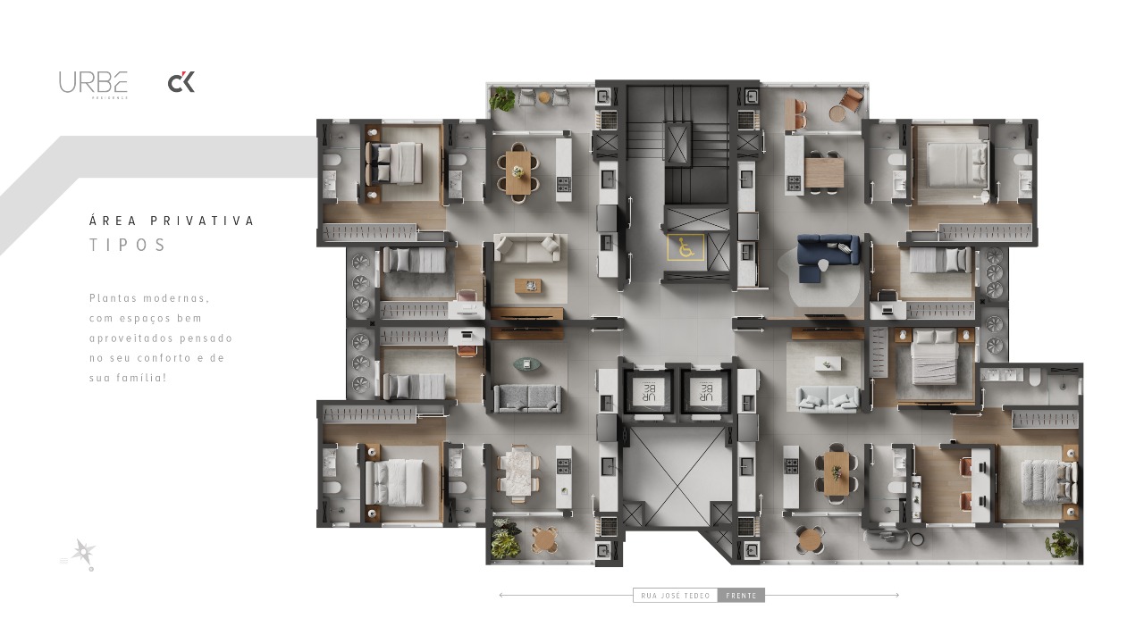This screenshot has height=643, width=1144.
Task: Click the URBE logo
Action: [x=93, y=83]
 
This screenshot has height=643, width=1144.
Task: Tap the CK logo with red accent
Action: [x=181, y=83]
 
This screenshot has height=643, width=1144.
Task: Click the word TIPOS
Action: [x=128, y=246]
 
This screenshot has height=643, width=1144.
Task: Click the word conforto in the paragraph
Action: [x=176, y=358]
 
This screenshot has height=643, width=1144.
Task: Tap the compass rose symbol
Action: [x=84, y=552]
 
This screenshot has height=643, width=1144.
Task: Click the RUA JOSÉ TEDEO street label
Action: [x=675, y=596]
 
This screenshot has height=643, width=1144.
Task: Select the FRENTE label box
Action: [x=741, y=596]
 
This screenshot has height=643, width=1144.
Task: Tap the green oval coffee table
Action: [x=526, y=363]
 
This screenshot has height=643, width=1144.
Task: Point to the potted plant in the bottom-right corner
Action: [x=1061, y=542]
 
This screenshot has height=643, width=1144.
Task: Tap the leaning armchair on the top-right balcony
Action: [x=853, y=100]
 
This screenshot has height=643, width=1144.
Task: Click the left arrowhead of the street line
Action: [x=501, y=595]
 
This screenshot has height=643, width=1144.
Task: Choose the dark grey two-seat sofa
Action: [x=527, y=397]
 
